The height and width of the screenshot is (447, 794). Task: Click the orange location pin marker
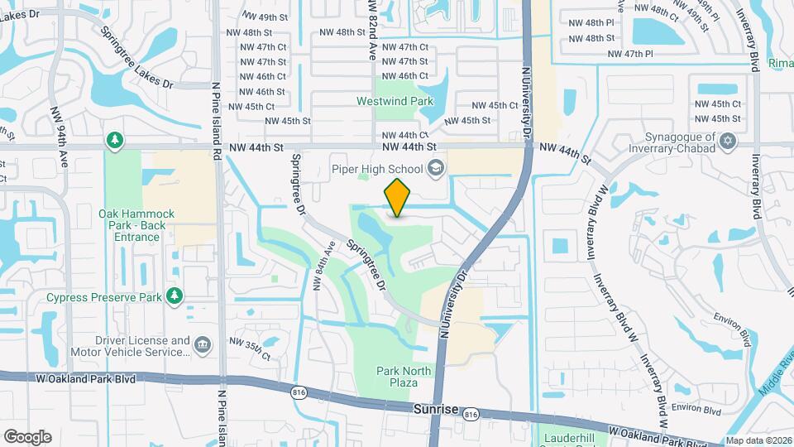(398, 198)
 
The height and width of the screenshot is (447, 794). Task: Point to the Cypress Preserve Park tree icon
(174, 296)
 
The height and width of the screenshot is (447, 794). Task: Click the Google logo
(27, 436)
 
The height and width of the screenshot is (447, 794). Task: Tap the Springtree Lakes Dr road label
(136, 59)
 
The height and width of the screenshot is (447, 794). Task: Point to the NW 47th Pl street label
(630, 54)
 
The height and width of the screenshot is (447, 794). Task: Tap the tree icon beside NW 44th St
(114, 140)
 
